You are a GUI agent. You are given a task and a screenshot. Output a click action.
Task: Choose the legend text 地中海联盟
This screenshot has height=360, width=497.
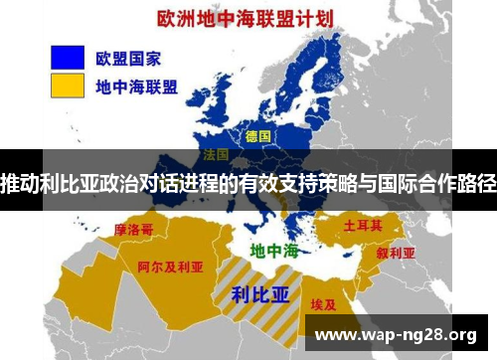[136, 87]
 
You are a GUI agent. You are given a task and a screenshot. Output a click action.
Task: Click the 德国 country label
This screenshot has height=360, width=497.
[258, 134]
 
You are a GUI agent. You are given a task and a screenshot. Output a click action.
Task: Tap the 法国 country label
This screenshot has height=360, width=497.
[216, 155]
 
